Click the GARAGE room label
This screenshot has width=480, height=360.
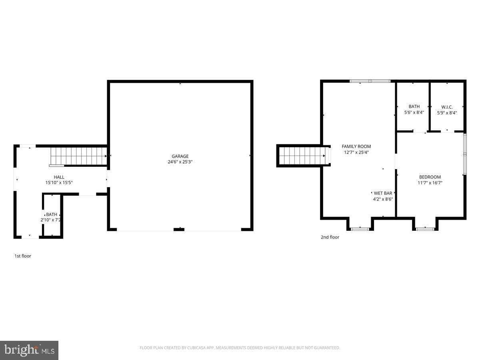tap(180, 156)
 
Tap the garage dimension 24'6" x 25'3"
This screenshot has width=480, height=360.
tap(180, 162)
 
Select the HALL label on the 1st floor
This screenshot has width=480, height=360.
tap(59, 177)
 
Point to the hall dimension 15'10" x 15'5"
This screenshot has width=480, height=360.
tap(59, 182)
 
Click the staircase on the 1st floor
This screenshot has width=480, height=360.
tap(78, 156)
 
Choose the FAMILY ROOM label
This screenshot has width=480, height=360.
tap(356, 146)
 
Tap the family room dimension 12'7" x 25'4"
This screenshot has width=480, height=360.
tap(356, 152)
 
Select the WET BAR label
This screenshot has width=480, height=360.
tap(383, 193)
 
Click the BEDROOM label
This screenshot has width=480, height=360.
tap(430, 177)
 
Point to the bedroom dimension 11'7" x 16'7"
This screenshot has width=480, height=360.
tap(430, 183)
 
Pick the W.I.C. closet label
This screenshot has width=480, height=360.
tap(447, 107)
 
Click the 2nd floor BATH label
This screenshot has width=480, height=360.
tap(414, 106)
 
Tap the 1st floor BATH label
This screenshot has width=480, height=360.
tap(52, 214)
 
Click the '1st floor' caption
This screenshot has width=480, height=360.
tap(23, 256)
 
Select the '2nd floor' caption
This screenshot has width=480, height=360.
tap(330, 237)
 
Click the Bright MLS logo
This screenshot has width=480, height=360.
tap(29, 350)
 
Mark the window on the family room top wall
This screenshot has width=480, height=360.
tap(370, 81)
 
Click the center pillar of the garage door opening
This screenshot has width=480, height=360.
tap(179, 229)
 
